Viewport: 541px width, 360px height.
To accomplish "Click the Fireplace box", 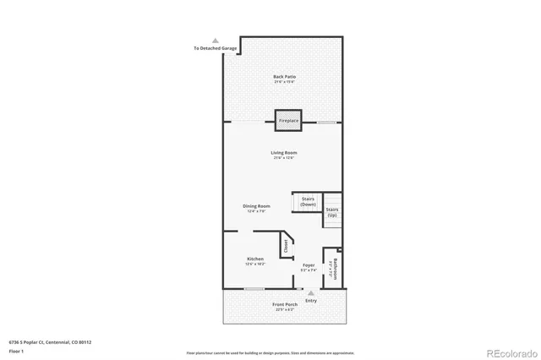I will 288,121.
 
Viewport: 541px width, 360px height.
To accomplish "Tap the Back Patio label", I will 284,79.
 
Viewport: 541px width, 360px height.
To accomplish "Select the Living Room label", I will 284,155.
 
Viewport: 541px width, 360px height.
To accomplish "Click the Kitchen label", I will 255,260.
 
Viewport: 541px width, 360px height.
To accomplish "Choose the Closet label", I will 286,247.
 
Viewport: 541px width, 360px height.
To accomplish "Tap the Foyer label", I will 309,268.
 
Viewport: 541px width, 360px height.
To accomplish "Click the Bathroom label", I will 336,270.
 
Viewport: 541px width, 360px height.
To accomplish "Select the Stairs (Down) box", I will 308,202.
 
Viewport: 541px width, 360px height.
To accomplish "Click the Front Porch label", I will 284,306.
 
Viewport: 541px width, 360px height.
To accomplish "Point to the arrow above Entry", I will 311,293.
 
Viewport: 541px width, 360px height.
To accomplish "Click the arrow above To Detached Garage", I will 216,41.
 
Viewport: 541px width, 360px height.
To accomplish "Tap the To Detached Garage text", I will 215,48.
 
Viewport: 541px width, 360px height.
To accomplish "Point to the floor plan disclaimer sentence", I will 270,351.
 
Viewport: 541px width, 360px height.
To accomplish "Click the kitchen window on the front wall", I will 254,289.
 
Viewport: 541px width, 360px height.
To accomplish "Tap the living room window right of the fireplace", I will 328,123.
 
